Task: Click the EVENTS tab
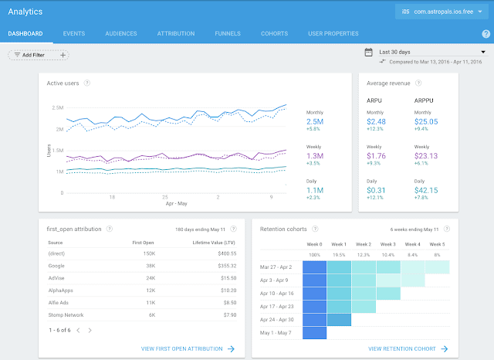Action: [74, 34]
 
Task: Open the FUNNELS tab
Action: [228, 34]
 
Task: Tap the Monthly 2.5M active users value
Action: [314, 122]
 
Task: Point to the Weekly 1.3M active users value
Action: [314, 156]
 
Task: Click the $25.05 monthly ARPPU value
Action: [428, 121]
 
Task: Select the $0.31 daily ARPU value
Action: [377, 190]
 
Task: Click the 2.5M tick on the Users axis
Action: [56, 107]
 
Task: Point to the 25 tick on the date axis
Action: [165, 196]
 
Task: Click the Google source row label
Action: [56, 264]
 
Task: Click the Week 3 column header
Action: [389, 243]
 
